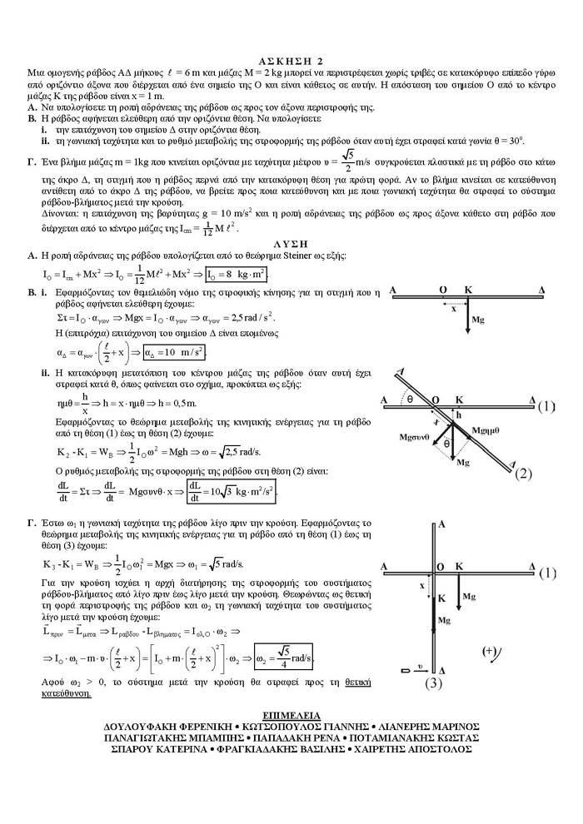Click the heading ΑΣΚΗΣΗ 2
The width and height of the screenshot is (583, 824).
point(291,61)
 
